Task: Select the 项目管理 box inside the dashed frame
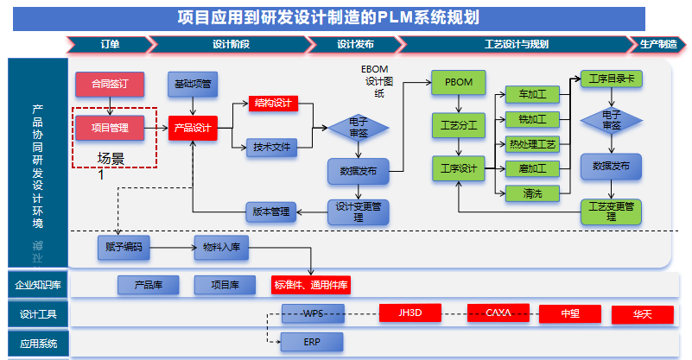110,128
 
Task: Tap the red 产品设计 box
192,128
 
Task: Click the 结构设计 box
273,104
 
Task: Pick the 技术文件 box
272,148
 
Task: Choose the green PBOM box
458,82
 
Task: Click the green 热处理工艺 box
533,142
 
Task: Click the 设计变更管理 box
359,212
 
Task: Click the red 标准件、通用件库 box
312,285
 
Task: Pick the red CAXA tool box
498,313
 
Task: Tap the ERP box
312,343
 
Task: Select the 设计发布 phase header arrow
355,44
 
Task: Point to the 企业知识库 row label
37,285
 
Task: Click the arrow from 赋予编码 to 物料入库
174,248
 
